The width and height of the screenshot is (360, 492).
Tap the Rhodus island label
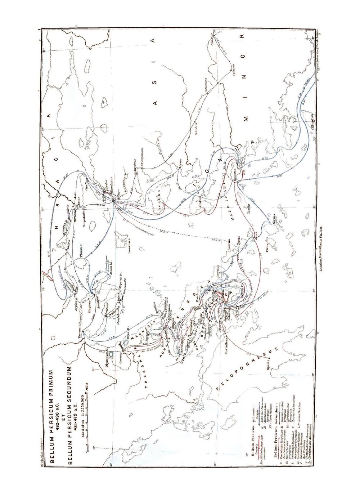pyautogui.click(x=312, y=123)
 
